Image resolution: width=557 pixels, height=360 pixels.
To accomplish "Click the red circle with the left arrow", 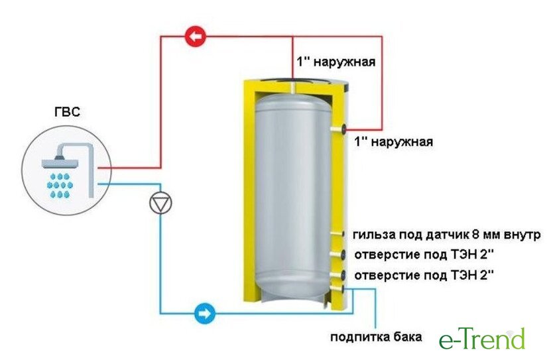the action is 196,36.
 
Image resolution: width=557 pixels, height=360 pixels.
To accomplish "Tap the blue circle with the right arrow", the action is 205,314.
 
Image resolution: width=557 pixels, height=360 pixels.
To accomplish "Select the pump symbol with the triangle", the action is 160,203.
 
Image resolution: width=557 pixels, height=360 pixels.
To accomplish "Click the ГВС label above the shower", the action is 68,112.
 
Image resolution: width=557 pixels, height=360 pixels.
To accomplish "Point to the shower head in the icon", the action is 60,161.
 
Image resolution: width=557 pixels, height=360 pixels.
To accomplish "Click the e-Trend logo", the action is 481,338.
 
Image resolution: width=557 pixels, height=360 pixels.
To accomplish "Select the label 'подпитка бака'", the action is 376,337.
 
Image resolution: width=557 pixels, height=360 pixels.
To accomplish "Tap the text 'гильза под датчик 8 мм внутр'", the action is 447,235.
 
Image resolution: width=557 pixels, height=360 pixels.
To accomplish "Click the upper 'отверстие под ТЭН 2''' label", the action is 424,255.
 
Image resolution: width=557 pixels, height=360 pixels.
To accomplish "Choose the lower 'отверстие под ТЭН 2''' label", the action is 424,275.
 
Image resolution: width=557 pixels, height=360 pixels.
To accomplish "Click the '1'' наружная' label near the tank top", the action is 336,62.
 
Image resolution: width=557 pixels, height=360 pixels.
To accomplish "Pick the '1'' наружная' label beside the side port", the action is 394,142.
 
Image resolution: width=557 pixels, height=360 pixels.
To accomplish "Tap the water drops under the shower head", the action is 60,185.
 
